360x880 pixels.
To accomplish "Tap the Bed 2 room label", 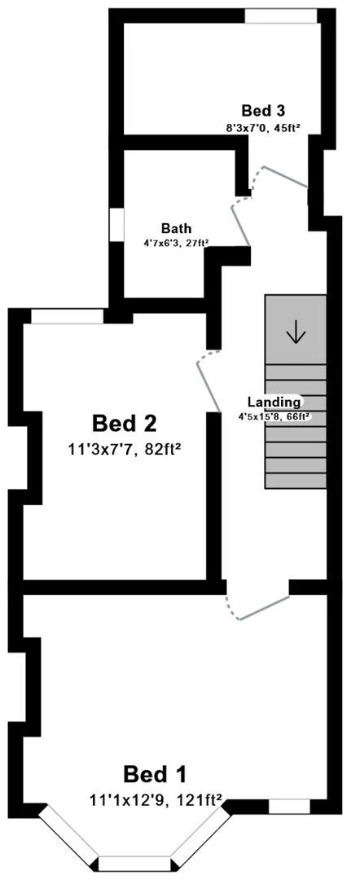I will click(125, 424).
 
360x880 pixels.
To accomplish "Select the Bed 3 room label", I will click(262, 111).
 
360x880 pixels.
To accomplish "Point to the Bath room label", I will click(176, 228).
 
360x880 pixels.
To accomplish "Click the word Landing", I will click(274, 402).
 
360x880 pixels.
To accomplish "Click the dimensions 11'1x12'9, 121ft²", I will click(157, 802).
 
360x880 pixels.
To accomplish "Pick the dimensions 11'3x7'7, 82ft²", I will click(125, 448).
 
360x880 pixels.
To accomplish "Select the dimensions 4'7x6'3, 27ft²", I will click(176, 243).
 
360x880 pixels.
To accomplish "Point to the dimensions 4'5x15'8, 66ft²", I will click(276, 416).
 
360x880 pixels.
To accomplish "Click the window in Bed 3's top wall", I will click(281, 16).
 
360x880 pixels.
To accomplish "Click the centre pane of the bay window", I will click(135, 864).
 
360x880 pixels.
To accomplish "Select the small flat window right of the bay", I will click(289, 807).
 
